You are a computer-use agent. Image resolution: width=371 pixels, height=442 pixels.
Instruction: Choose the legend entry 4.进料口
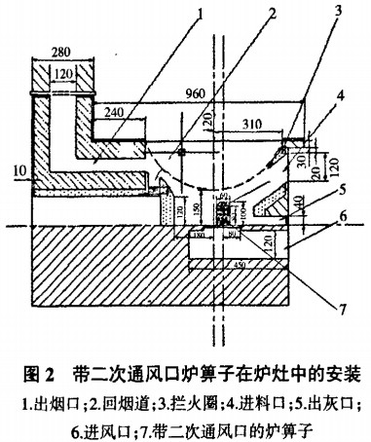click(249, 399)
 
